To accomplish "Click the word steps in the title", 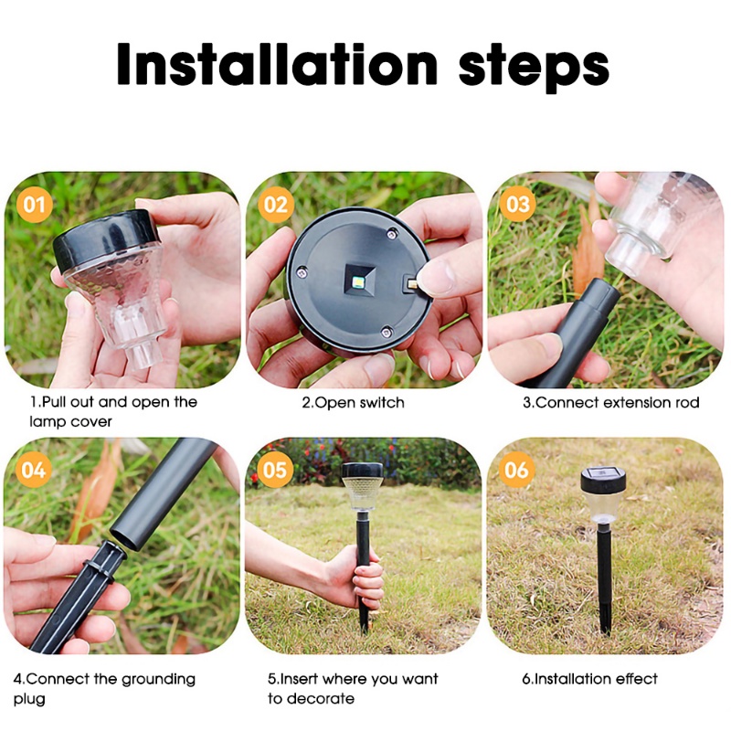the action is click(x=534, y=69).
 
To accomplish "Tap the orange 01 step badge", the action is click(x=35, y=205).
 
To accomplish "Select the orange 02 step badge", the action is click(x=276, y=205).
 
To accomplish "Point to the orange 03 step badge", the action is click(x=518, y=204).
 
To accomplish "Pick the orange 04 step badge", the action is click(x=34, y=470).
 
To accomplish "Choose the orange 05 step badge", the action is click(x=275, y=470).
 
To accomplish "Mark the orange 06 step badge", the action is click(x=516, y=470).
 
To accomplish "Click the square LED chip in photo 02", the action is click(x=360, y=282).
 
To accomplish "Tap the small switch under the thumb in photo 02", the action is click(x=412, y=282).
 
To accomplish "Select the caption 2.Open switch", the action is click(x=353, y=403).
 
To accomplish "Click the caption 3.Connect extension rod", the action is click(x=610, y=402).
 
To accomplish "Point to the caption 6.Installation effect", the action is click(x=589, y=679).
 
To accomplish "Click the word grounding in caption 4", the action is click(x=158, y=680).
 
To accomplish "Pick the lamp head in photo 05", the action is click(x=362, y=486).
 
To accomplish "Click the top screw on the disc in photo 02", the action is click(x=392, y=233).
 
